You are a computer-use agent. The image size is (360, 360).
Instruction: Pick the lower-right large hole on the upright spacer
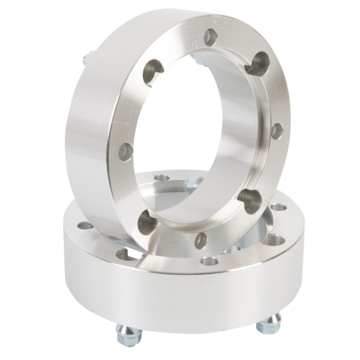248,197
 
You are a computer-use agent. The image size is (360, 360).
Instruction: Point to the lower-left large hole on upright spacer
146,222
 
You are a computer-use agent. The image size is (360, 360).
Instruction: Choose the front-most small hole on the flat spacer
209,262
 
